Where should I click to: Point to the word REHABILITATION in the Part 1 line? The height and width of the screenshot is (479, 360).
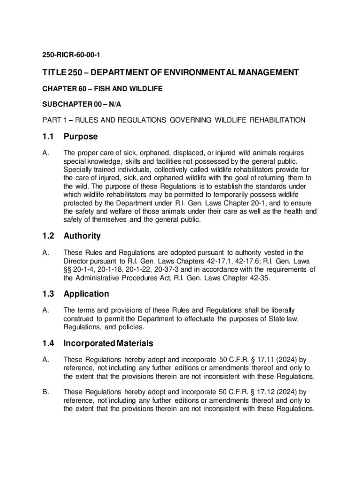click(278, 120)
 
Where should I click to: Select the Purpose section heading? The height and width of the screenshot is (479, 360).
click(80, 137)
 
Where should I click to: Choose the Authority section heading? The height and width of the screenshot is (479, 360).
click(82, 236)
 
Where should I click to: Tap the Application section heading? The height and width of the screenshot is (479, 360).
click(86, 294)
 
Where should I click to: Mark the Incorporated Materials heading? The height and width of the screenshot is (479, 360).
click(108, 343)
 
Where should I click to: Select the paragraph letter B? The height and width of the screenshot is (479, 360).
click(45, 392)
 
